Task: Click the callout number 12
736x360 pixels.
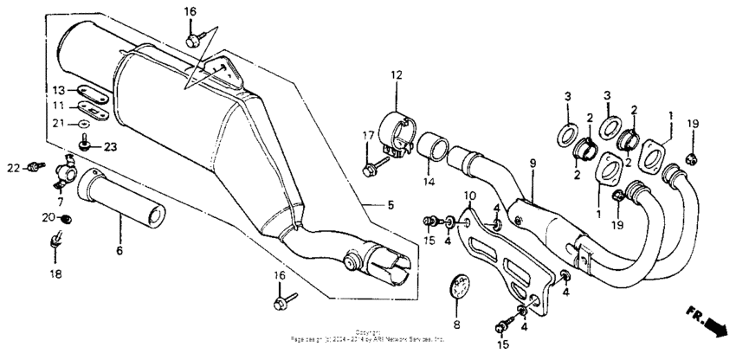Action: coord(396,76)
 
